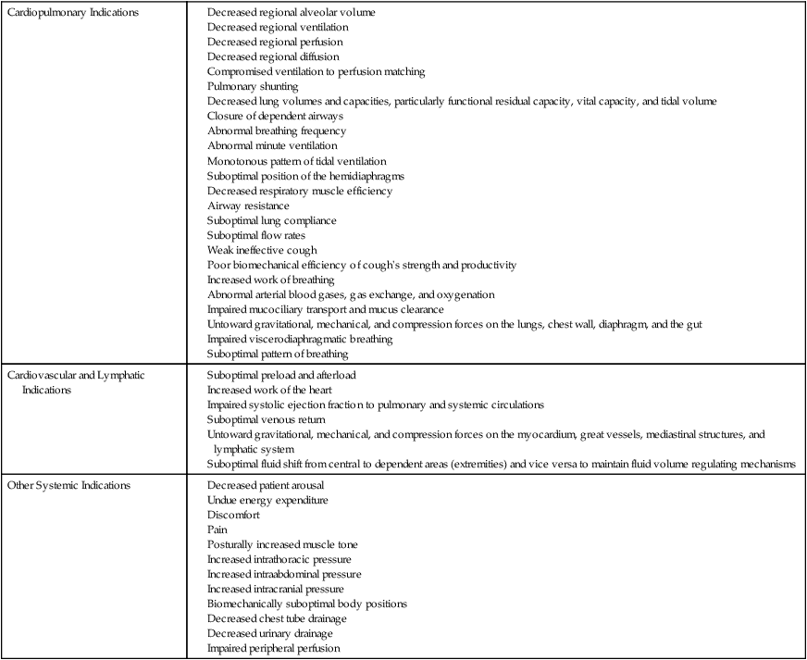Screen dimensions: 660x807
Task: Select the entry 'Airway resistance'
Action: [248, 205]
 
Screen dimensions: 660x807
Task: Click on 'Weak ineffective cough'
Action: [262, 250]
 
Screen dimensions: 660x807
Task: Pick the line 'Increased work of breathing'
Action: [270, 280]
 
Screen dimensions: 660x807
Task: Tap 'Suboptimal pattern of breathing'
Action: [278, 354]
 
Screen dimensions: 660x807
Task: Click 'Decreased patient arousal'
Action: [267, 485]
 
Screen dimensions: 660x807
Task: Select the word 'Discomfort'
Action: [233, 515]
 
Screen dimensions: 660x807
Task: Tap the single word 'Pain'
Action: [217, 529]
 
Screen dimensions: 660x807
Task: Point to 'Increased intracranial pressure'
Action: [276, 589]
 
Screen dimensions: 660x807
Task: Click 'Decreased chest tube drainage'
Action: [277, 618]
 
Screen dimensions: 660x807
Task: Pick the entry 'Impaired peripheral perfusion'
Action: [274, 648]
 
